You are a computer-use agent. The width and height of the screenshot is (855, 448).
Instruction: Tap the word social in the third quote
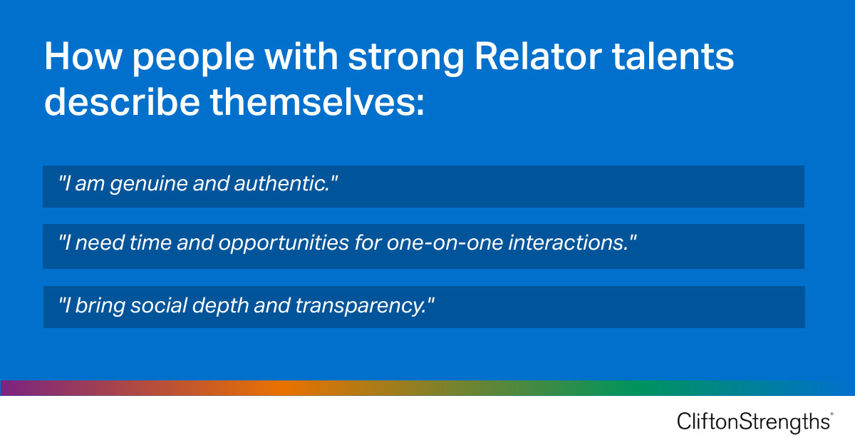[x=146, y=305]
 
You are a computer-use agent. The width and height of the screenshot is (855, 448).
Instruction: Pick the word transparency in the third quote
[x=364, y=305]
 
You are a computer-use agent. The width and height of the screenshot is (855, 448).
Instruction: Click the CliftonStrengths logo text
[x=752, y=422]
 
